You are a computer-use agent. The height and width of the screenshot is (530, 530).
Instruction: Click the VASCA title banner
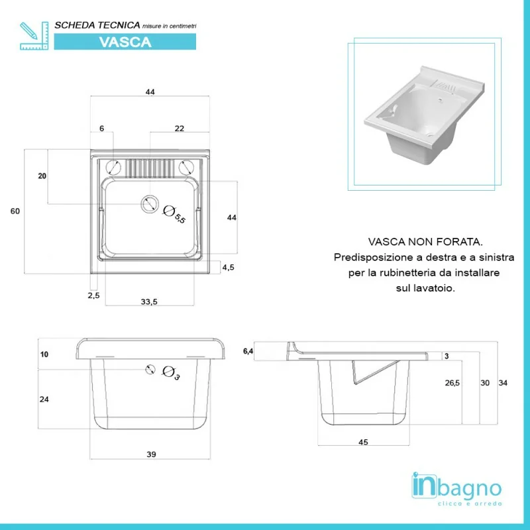point(125,42)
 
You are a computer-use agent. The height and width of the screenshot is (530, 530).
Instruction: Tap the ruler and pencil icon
point(34,36)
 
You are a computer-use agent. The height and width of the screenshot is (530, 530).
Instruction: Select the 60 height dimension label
point(15,211)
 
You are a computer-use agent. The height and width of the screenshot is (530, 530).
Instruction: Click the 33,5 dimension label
point(149,301)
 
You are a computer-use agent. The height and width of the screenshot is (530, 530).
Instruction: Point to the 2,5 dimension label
point(93,295)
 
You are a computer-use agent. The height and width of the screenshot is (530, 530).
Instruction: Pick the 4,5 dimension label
point(228,268)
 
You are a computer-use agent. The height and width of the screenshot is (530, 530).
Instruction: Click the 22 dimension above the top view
point(179,129)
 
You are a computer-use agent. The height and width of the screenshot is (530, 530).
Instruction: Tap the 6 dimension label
point(102,129)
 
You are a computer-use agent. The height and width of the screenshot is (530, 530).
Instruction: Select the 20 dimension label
point(42,176)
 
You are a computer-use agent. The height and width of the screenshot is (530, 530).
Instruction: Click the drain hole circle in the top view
point(150,204)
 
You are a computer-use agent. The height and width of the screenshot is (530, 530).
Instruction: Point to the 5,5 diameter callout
point(174,215)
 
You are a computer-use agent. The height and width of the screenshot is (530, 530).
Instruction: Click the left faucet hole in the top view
point(113,168)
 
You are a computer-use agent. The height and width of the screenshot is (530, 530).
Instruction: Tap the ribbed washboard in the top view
point(150,168)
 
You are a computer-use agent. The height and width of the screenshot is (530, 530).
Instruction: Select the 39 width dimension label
point(151,454)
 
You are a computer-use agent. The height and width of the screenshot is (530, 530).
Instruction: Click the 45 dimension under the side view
point(363,442)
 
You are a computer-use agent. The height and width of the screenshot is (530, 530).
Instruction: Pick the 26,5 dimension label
point(452,383)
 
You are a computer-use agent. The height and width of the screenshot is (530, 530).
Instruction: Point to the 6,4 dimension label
point(248,352)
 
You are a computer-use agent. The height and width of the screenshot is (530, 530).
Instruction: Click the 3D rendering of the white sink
point(425,115)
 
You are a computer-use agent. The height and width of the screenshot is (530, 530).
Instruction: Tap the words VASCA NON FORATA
point(425,242)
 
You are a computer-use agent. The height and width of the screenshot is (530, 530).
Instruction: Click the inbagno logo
point(456,489)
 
